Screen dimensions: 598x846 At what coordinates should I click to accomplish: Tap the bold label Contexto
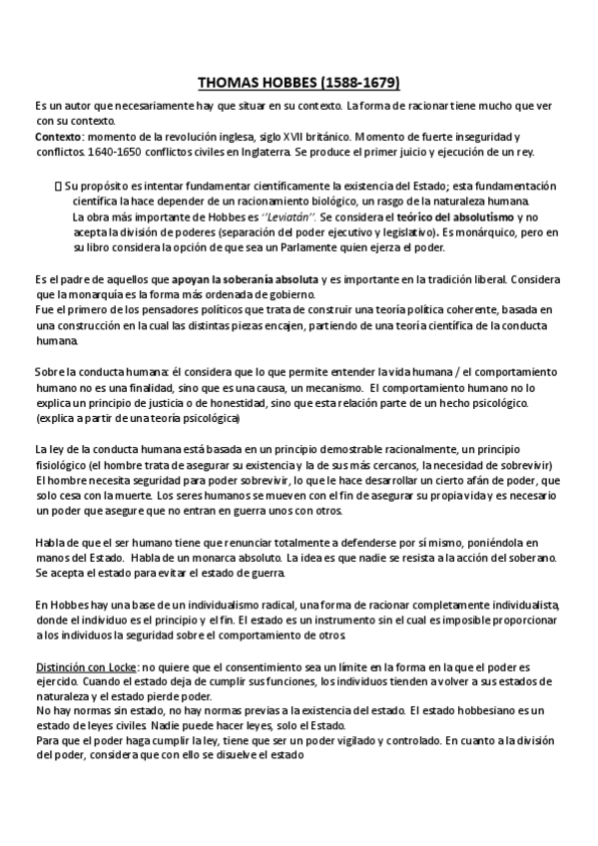point(58,136)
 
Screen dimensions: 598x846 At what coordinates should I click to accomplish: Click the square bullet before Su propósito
point(57,185)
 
